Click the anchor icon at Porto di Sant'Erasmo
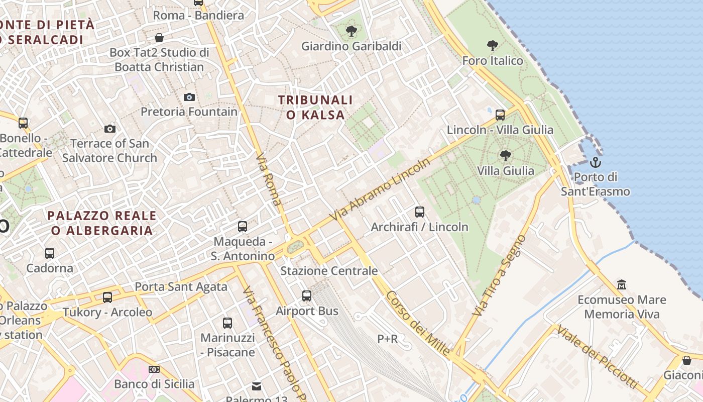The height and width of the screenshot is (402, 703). pyautogui.click(x=595, y=162)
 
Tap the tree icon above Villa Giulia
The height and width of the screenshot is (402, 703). pyautogui.click(x=505, y=156)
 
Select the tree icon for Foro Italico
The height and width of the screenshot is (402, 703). pyautogui.click(x=493, y=46)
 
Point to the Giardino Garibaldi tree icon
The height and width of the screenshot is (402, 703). pyautogui.click(x=351, y=31)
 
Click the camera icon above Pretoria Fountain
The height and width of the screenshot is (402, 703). pyautogui.click(x=189, y=97)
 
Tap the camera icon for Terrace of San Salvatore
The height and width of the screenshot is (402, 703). pyautogui.click(x=110, y=129)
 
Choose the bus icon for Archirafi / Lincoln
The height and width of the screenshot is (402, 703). pyautogui.click(x=420, y=212)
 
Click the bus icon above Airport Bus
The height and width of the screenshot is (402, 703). pyautogui.click(x=307, y=296)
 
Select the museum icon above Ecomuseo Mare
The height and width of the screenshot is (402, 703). pyautogui.click(x=622, y=285)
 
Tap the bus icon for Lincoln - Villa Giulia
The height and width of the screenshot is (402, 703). pyautogui.click(x=500, y=115)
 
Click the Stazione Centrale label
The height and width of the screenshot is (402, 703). pyautogui.click(x=329, y=271)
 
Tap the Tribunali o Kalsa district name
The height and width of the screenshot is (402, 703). pyautogui.click(x=316, y=108)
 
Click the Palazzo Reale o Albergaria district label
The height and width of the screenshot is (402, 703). pyautogui.click(x=102, y=223)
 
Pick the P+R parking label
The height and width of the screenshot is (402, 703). pyautogui.click(x=387, y=339)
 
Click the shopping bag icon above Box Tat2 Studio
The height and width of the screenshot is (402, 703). pyautogui.click(x=159, y=38)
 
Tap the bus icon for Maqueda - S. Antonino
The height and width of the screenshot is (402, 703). pyautogui.click(x=243, y=227)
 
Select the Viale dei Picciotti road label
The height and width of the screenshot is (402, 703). pyautogui.click(x=597, y=356)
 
